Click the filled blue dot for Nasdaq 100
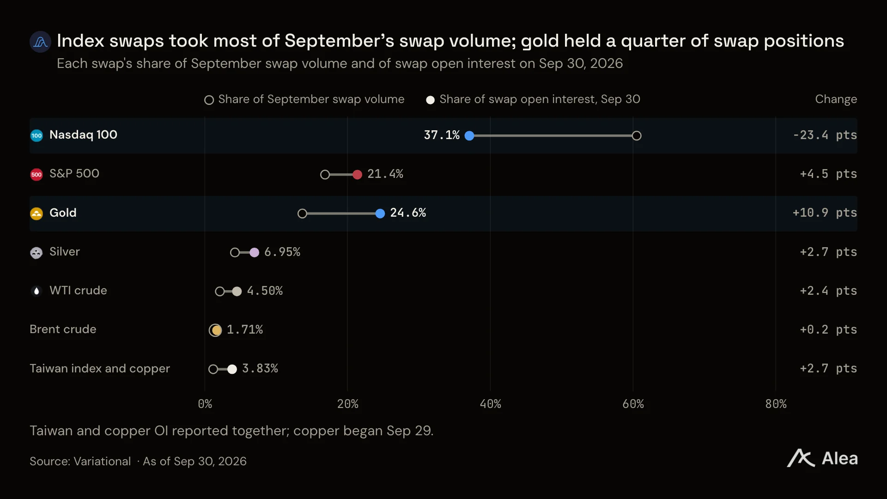(x=469, y=136)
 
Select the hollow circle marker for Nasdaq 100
(x=637, y=136)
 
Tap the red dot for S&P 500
(x=357, y=175)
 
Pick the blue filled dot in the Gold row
(x=380, y=213)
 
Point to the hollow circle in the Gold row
(x=302, y=213)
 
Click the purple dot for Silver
(x=254, y=252)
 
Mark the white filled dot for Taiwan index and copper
(x=232, y=369)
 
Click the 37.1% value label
(x=442, y=135)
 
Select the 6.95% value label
(x=282, y=252)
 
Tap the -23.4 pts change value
(x=825, y=135)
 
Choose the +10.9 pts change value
(x=825, y=213)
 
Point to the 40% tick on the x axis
(x=490, y=404)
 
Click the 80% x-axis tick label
(x=776, y=404)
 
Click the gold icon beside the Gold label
(x=36, y=213)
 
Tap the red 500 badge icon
(x=36, y=175)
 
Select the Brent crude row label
(x=63, y=329)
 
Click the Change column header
(x=836, y=99)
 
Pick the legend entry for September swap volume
(x=304, y=99)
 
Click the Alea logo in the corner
(x=822, y=458)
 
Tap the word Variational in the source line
(x=102, y=461)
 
